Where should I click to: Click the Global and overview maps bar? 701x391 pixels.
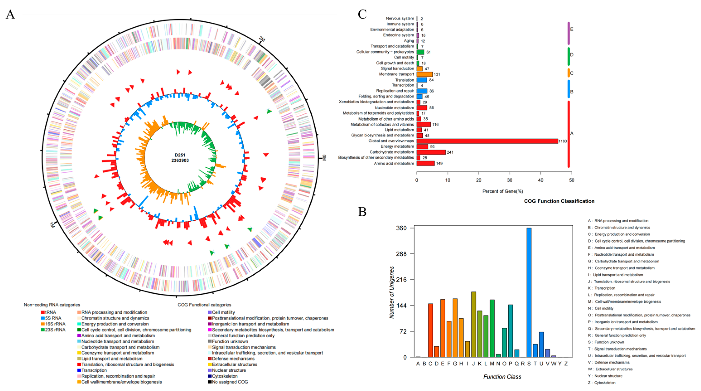click(x=487, y=141)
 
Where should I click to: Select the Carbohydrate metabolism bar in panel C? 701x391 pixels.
click(x=431, y=152)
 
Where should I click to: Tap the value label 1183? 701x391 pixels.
click(x=562, y=141)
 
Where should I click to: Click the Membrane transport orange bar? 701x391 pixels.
click(x=424, y=74)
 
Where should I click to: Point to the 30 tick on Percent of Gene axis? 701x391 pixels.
click(x=510, y=180)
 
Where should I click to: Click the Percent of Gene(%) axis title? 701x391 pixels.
click(x=503, y=191)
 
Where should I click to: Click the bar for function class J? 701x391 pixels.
click(x=474, y=324)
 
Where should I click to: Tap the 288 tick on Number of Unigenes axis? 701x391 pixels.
click(x=402, y=254)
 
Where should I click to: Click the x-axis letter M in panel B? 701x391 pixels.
click(x=492, y=364)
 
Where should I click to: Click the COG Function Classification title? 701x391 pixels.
click(x=559, y=201)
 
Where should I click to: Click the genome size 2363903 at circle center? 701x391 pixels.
click(x=180, y=160)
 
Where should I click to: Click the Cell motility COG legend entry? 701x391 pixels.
click(x=223, y=312)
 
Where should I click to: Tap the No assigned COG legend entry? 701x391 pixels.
click(x=229, y=382)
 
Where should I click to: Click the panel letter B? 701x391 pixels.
click(x=362, y=212)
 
